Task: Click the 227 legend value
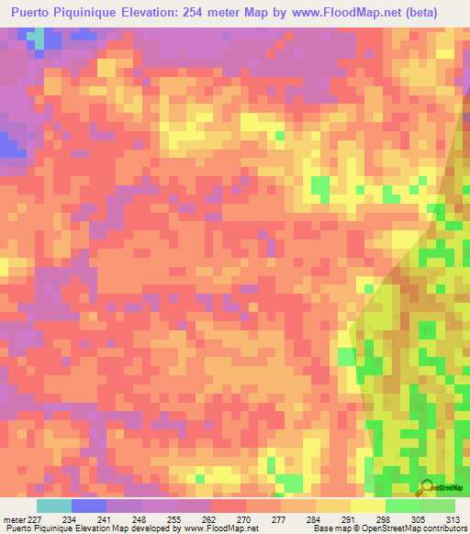pyautogui.click(x=34, y=518)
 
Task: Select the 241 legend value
pyautogui.click(x=106, y=518)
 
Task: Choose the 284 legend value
pyautogui.click(x=315, y=518)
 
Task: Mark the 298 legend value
pyautogui.click(x=385, y=518)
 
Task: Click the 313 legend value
pyautogui.click(x=453, y=518)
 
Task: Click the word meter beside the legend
pyautogui.click(x=13, y=518)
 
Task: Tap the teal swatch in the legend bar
pyautogui.click(x=54, y=506)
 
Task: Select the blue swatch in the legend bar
pyautogui.click(x=89, y=506)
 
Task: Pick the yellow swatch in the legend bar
pyautogui.click(x=368, y=506)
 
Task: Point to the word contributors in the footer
pyautogui.click(x=443, y=528)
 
